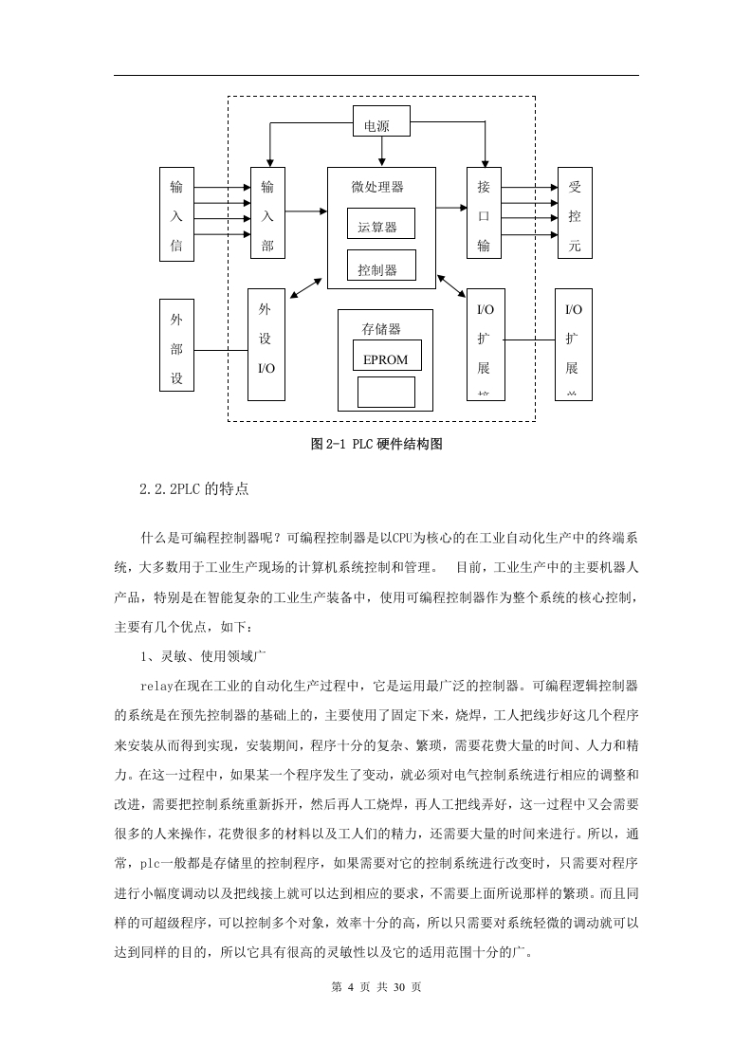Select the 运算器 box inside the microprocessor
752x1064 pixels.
click(x=381, y=223)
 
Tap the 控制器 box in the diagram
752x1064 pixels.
click(x=381, y=266)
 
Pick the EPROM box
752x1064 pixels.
click(x=387, y=355)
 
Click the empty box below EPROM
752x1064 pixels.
click(x=386, y=392)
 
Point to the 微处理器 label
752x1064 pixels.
click(x=377, y=187)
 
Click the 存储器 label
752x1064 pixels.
click(x=381, y=329)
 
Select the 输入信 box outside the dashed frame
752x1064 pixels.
click(x=176, y=213)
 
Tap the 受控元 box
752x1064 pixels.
click(x=575, y=212)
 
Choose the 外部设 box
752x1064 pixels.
click(x=176, y=345)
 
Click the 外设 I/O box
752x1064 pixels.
click(x=266, y=344)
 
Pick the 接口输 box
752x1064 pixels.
click(x=484, y=212)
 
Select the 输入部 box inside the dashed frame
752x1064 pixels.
click(x=267, y=212)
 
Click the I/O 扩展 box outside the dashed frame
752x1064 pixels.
click(x=574, y=344)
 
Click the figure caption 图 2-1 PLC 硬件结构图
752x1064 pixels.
click(x=376, y=444)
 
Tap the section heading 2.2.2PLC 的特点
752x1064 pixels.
click(x=194, y=488)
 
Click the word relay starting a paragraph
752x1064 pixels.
click(x=156, y=686)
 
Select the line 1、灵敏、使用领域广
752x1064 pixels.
click(x=203, y=656)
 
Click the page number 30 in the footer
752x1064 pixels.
click(x=399, y=986)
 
